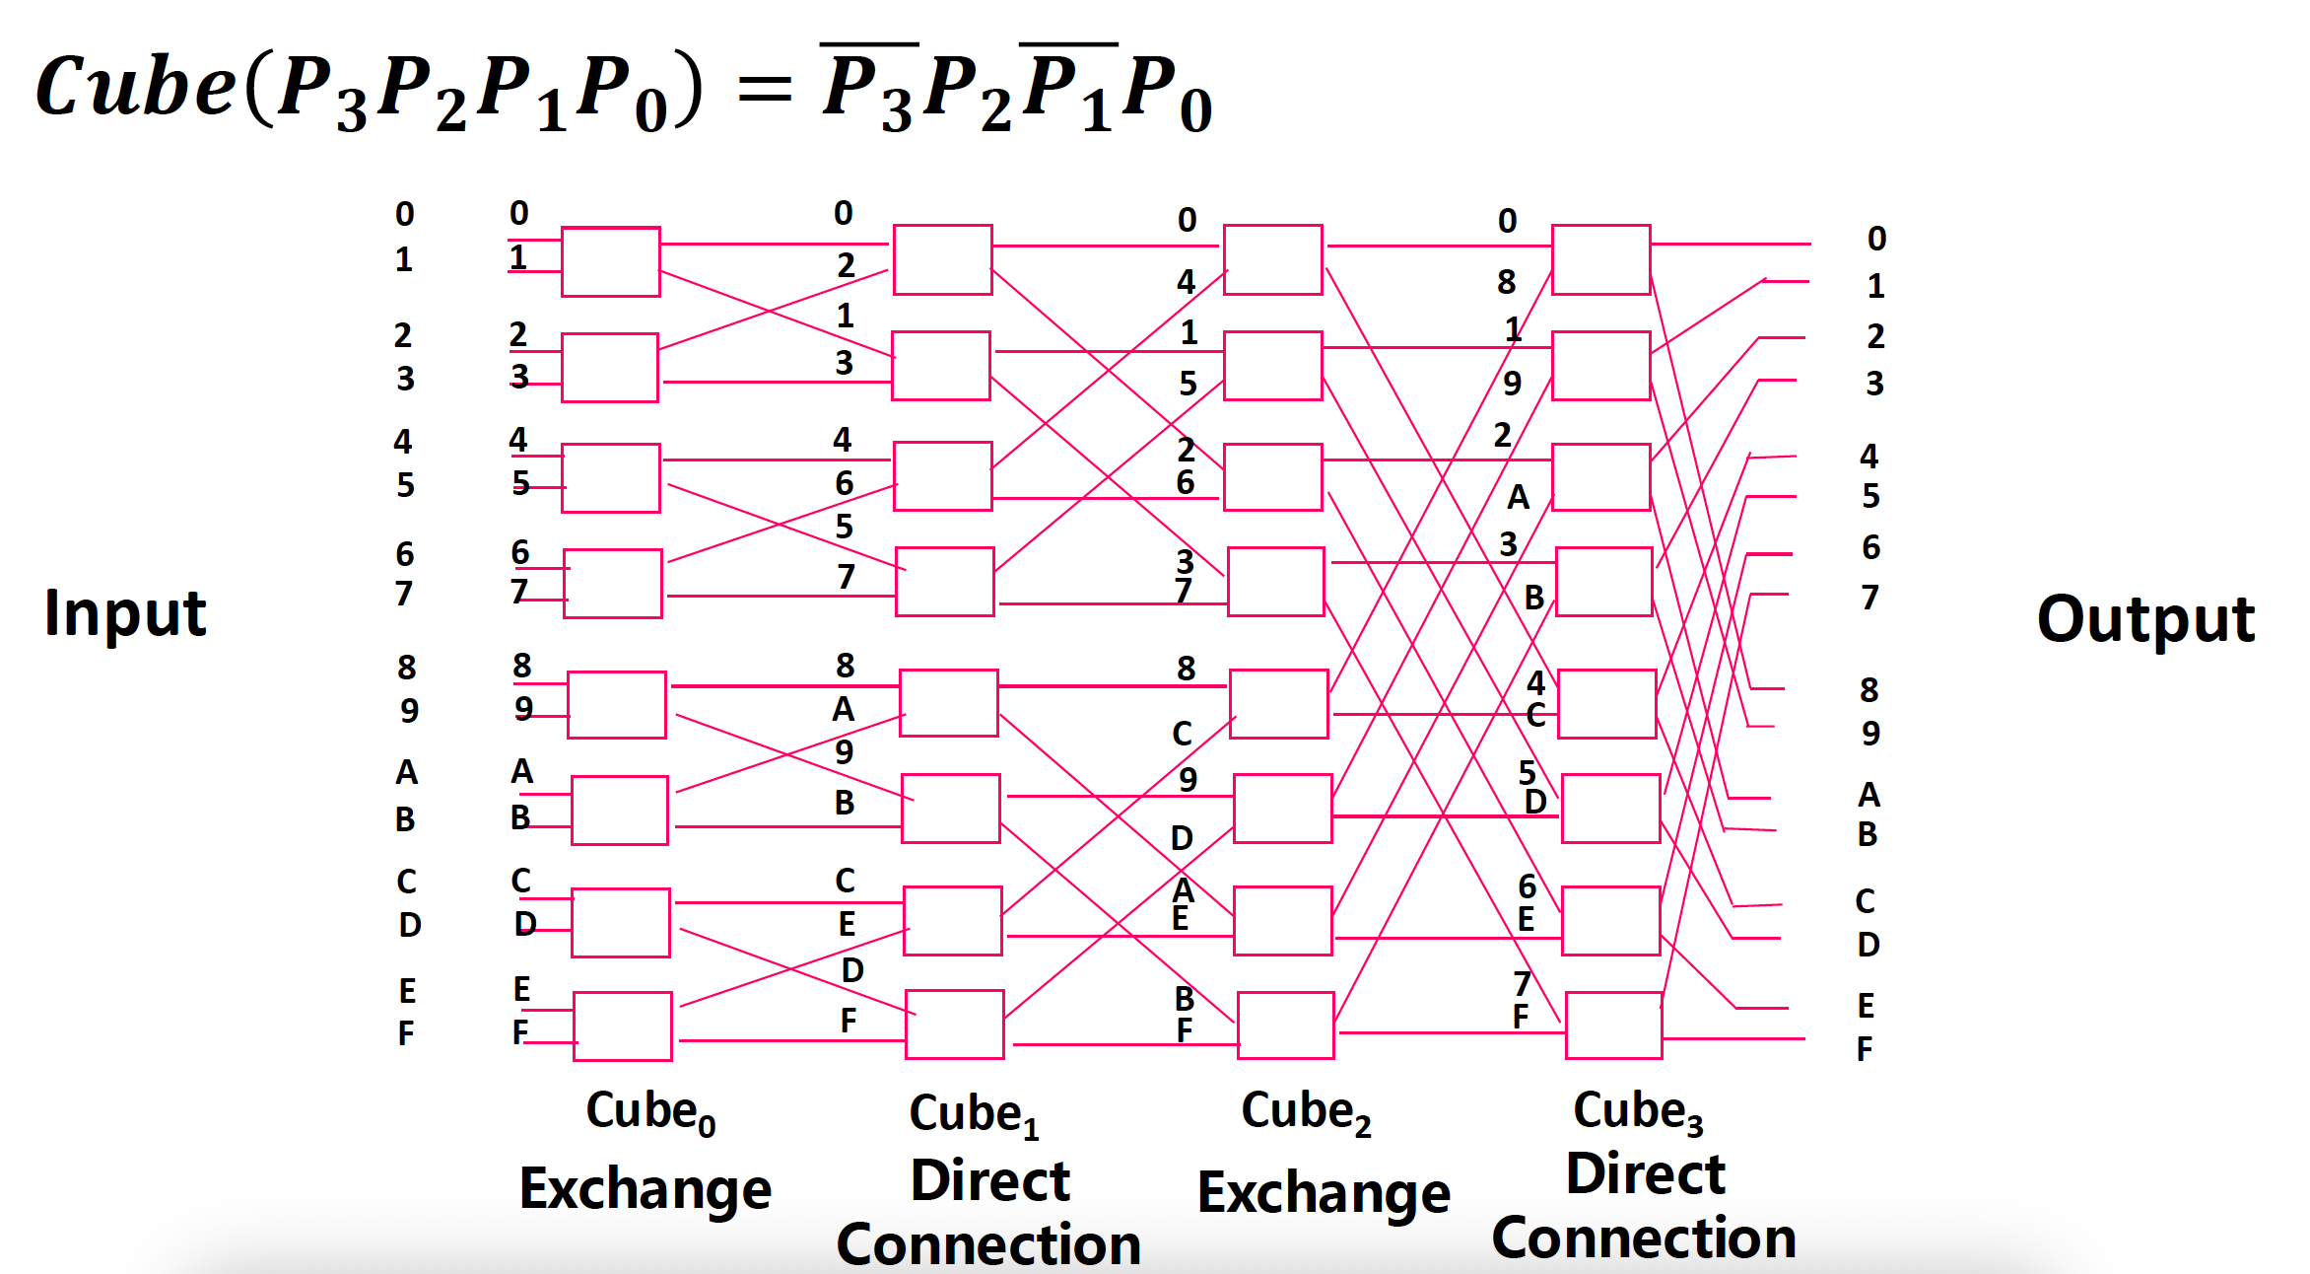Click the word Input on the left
pos(125,613)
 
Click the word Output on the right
pos(2145,619)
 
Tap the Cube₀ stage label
pos(650,1112)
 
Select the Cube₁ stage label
pos(974,1114)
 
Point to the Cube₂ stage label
pos(1306,1112)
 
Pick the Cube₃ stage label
pos(1638,1111)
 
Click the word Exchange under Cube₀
pos(645,1189)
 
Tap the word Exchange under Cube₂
pos(1324,1193)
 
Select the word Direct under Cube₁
pos(989,1181)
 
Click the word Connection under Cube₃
pos(1644,1239)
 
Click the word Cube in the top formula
pos(135,87)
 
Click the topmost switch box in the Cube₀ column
pos(610,261)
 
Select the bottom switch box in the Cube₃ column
pos(1613,1026)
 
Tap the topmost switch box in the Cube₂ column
pos(1272,259)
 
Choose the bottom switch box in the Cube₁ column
pos(954,1025)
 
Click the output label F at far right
pos(1865,1049)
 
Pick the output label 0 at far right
pos(1876,239)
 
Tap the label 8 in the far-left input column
pos(406,668)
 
